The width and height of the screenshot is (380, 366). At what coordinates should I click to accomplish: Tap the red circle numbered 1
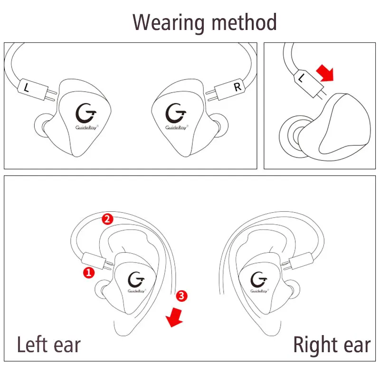(88, 272)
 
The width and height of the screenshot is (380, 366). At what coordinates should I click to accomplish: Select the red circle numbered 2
(107, 219)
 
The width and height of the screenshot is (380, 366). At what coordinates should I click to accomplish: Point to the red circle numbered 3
(181, 296)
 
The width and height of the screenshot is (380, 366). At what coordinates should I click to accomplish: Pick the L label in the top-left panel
(27, 87)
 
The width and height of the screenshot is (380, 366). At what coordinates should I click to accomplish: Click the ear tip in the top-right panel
(294, 133)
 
